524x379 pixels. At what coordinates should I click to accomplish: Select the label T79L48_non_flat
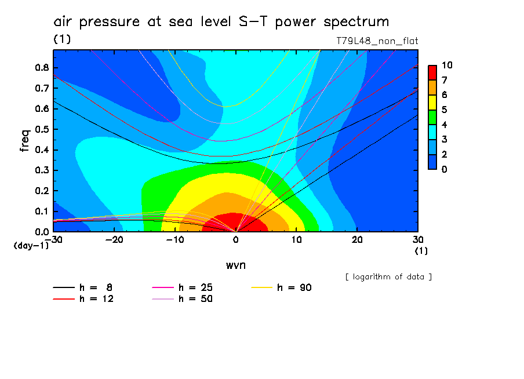(x=377, y=41)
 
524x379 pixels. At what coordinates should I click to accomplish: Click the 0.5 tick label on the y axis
(x=41, y=129)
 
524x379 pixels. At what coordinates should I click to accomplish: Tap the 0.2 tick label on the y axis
(x=41, y=191)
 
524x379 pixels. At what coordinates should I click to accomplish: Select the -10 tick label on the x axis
(x=175, y=239)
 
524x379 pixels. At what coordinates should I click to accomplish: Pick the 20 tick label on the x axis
(x=358, y=239)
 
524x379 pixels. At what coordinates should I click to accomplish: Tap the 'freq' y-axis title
(x=25, y=141)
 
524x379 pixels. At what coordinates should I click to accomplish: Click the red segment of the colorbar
(x=432, y=72)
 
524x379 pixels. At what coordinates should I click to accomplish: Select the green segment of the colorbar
(x=432, y=117)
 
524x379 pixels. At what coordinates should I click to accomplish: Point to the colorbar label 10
(x=447, y=65)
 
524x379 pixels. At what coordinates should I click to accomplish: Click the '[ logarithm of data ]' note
(x=388, y=276)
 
